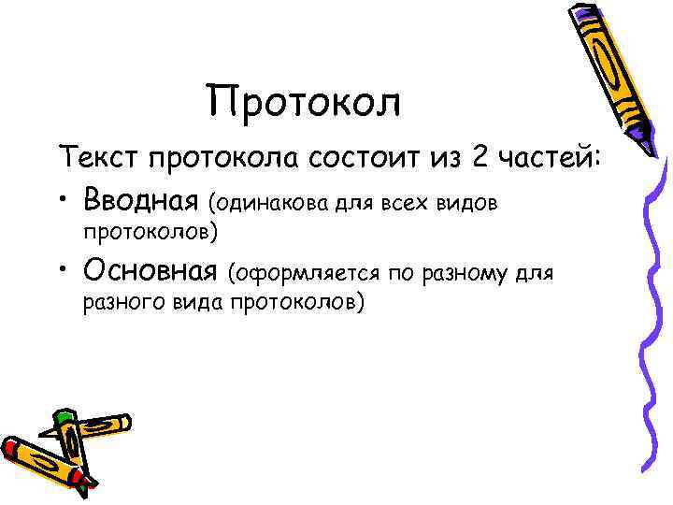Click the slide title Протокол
304,102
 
